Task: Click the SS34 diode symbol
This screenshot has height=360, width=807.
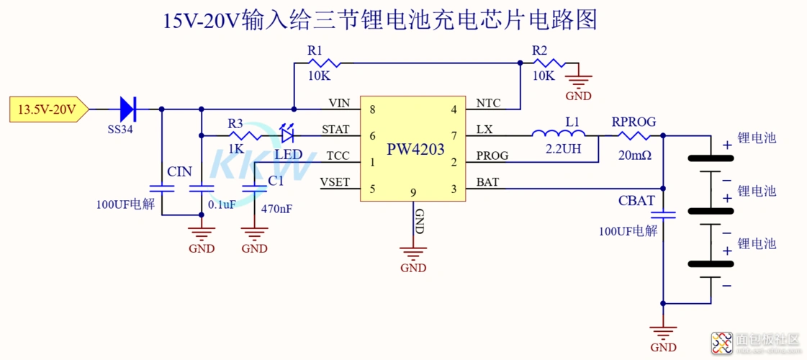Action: (x=127, y=109)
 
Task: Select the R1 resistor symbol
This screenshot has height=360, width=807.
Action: (x=316, y=63)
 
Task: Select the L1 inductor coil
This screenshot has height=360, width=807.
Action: (x=558, y=133)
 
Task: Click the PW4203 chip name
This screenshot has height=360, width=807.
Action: (x=415, y=150)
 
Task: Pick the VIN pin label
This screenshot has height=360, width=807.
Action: (x=339, y=104)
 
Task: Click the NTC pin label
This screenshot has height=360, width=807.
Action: (x=489, y=104)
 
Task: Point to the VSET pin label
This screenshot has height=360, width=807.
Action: (x=335, y=182)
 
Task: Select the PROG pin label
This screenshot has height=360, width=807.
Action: (x=492, y=156)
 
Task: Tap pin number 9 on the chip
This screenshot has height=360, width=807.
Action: (x=413, y=192)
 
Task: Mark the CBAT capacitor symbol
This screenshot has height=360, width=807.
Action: (x=663, y=214)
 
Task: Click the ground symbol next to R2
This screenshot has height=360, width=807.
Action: (x=578, y=81)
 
